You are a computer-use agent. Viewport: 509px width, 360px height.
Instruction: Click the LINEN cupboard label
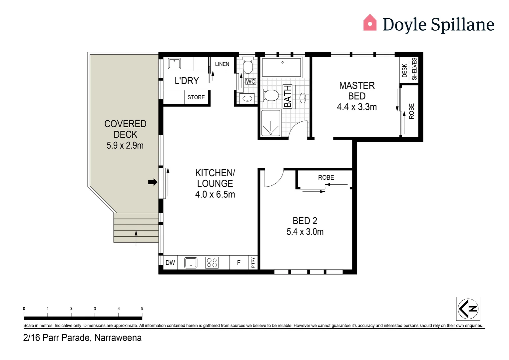pos(222,64)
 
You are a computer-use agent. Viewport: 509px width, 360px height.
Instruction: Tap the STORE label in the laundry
pos(196,97)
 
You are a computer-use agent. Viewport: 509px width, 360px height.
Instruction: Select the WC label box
pos(251,81)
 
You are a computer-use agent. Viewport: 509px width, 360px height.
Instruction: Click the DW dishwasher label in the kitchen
pos(170,263)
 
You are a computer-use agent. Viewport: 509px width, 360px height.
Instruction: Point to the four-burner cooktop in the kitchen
pos(212,263)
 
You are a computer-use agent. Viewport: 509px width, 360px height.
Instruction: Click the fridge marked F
pos(239,263)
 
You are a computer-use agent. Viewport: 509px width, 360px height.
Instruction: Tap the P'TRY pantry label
pos(253,262)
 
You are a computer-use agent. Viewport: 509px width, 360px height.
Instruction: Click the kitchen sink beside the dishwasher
pos(191,263)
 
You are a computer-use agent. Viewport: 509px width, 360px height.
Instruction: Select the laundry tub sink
pos(174,63)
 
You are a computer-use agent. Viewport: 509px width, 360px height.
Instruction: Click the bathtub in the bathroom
pos(281,67)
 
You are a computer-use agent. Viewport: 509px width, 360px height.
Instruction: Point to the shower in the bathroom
pos(270,123)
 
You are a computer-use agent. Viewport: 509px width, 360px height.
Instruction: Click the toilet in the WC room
pos(248,65)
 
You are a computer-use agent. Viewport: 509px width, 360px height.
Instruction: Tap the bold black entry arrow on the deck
pos(153,182)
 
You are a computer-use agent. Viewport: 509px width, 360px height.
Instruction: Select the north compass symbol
pos(468,309)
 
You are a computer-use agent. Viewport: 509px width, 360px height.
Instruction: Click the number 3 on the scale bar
pos(95,309)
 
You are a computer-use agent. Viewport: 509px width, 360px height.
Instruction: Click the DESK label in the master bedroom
pos(404,70)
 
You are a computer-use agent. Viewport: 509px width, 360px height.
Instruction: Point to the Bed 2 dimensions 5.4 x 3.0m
pos(305,232)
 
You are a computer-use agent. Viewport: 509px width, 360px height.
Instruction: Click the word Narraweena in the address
pos(118,338)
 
